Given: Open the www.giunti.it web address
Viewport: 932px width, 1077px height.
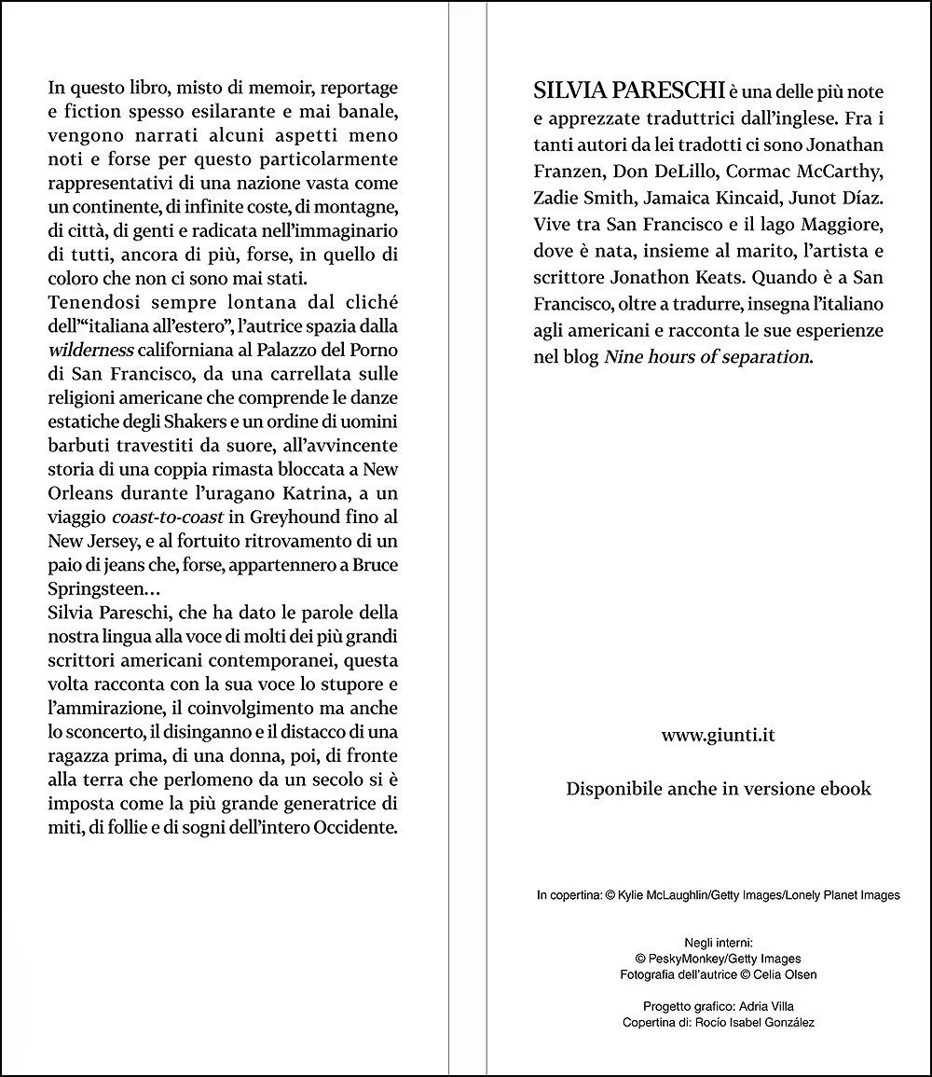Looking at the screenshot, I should [x=718, y=735].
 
